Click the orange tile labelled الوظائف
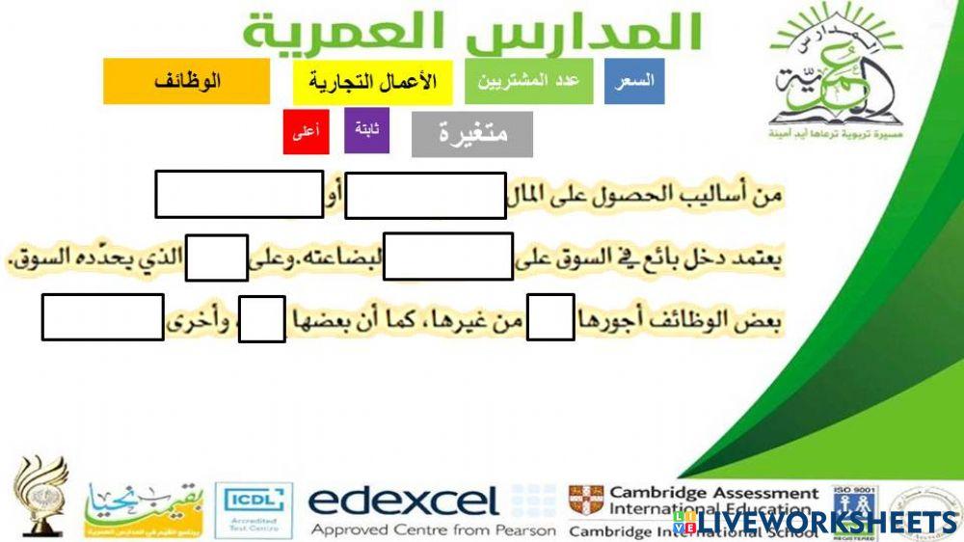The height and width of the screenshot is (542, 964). pos(186,81)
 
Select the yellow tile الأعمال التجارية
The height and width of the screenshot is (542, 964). pos(372,81)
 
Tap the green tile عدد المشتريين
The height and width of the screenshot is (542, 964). pos(527,81)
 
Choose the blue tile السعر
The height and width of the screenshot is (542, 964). pos(633,81)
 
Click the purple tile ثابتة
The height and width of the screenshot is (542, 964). pos(366,130)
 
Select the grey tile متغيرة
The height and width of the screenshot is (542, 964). pos(471,134)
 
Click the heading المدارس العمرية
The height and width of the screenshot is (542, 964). pos(472,31)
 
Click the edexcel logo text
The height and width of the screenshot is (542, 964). pos(403,501)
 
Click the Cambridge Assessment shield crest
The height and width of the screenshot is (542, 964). pos(585,503)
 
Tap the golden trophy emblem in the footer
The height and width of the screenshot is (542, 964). pos(40,495)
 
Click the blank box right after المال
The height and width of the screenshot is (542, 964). pos(425,196)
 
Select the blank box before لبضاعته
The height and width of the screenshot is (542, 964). pos(447,257)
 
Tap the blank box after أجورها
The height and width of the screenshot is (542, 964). pos(550,318)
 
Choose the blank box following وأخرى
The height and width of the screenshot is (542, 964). pos(102,318)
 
